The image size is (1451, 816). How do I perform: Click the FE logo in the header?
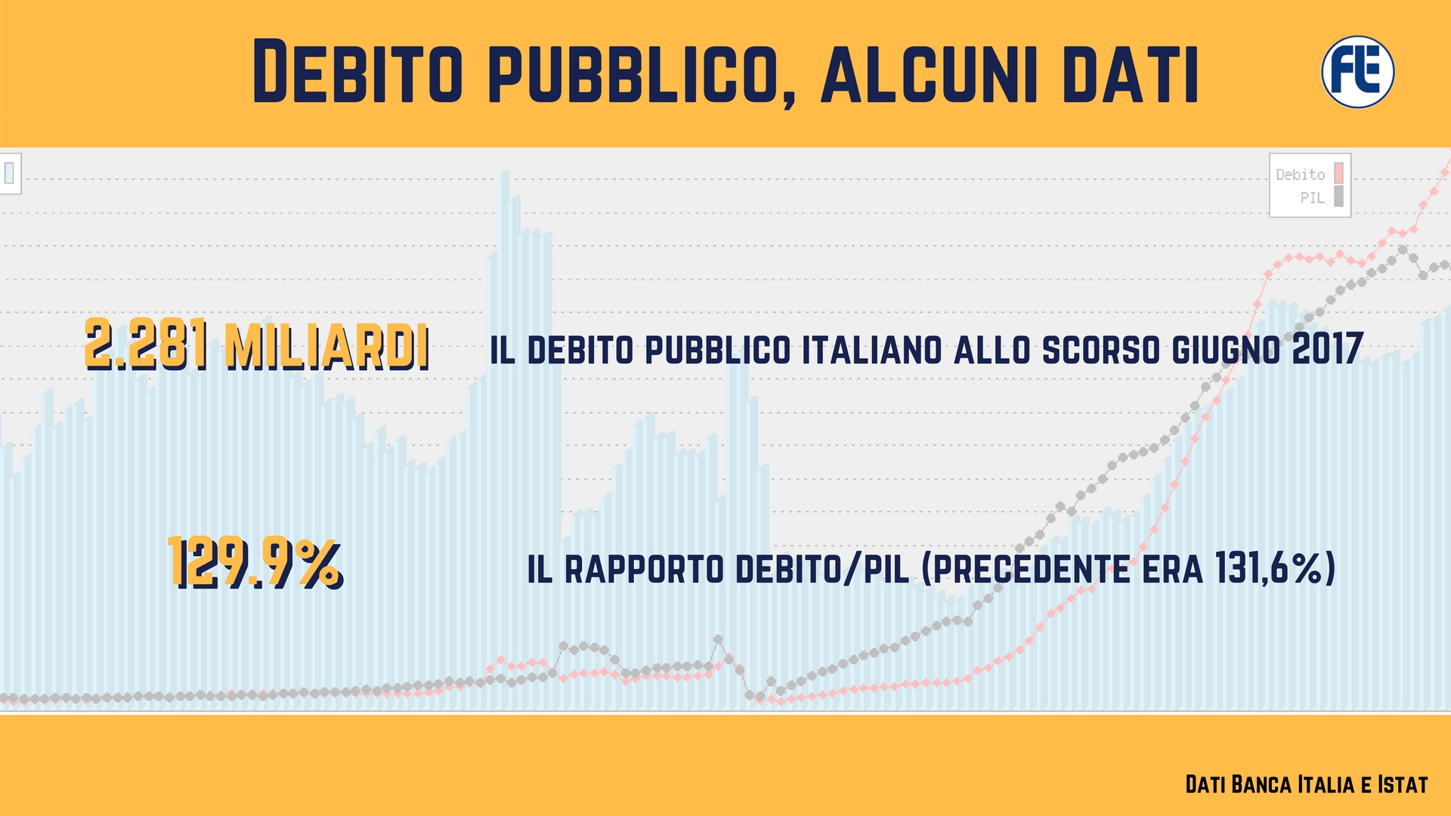[x=1357, y=72]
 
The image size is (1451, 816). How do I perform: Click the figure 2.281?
[x=147, y=345]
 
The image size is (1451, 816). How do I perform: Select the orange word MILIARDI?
[x=327, y=346]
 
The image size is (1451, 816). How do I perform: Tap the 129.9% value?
[x=255, y=562]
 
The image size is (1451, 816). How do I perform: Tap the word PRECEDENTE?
[x=1026, y=569]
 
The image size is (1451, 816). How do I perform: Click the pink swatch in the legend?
[x=1339, y=174]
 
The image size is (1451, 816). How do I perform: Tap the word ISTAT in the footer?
[x=1403, y=784]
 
